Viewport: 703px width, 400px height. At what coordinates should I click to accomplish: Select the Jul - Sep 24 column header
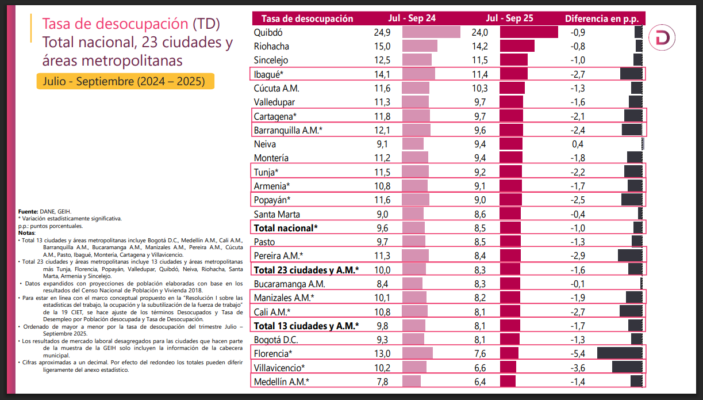coord(412,18)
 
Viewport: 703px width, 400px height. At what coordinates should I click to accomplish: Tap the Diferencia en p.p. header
coord(601,18)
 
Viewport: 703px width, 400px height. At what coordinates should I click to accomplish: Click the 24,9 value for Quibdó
coord(382,32)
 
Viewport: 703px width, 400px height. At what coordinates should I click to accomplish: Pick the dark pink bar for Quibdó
coord(529,32)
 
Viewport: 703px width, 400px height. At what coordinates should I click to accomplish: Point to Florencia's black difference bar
coord(620,353)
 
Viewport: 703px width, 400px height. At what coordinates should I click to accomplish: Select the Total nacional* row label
coord(286,227)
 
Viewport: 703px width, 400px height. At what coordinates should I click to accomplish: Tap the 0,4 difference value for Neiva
coord(578,144)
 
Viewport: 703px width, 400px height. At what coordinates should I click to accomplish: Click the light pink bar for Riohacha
coord(420,46)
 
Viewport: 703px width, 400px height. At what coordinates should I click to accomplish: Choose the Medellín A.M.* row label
coord(282,381)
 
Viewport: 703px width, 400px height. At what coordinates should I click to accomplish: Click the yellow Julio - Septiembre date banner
coord(125,81)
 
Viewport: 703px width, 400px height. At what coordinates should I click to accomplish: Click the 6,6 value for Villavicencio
coord(480,367)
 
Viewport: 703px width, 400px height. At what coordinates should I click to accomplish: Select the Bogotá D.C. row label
coord(275,339)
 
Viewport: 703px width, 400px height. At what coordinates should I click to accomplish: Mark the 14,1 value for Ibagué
coord(382,74)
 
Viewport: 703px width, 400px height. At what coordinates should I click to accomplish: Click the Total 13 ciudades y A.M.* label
coord(306,325)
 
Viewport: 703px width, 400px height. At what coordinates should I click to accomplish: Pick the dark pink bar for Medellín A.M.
coord(508,381)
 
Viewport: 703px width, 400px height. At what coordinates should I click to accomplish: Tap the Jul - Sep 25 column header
coord(509,18)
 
